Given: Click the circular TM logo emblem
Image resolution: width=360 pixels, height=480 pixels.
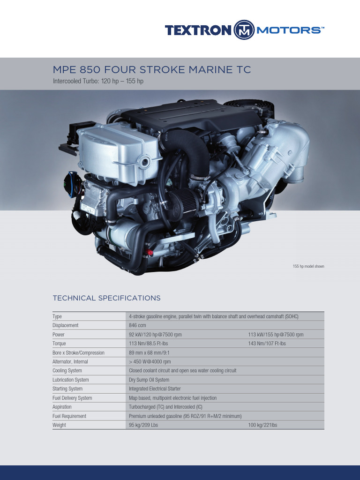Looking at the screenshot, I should click(244, 30).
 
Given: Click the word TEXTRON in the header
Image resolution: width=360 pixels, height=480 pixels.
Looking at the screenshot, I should click(198, 30).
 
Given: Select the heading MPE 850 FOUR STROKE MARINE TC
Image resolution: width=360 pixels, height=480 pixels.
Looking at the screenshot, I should click(152, 70).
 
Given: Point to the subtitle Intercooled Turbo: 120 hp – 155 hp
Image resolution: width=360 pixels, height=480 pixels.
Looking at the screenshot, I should click(98, 82).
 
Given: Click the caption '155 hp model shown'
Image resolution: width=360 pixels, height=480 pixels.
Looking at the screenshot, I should click(308, 266).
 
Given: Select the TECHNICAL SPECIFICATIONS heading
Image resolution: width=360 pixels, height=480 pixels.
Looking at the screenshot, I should click(106, 298).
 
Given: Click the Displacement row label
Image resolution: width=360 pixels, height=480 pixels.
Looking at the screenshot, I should click(66, 325).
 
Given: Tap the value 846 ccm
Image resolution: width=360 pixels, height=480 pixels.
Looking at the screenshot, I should click(137, 325).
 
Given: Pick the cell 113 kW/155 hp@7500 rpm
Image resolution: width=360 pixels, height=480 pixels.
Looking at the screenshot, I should click(276, 335).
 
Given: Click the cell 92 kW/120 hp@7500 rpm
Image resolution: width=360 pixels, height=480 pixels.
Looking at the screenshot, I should click(155, 335).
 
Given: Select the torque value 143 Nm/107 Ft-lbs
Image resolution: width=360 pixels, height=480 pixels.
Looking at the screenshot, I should click(267, 344).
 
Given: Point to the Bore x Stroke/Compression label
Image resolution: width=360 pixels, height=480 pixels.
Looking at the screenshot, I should click(78, 352).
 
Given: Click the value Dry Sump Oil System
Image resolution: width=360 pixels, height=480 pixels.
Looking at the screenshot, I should click(149, 380).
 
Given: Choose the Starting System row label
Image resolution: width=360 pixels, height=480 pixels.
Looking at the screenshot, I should click(67, 389).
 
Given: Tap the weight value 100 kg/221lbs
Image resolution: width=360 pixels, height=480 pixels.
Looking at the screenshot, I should click(262, 425).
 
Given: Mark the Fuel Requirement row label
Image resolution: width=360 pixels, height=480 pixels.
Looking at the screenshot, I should click(69, 416).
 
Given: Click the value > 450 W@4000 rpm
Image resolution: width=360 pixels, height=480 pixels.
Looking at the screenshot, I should click(150, 361).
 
